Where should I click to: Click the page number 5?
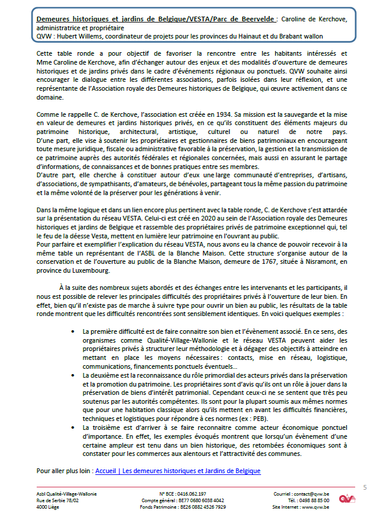pos(365,487)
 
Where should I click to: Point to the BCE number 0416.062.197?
pos(191,494)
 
